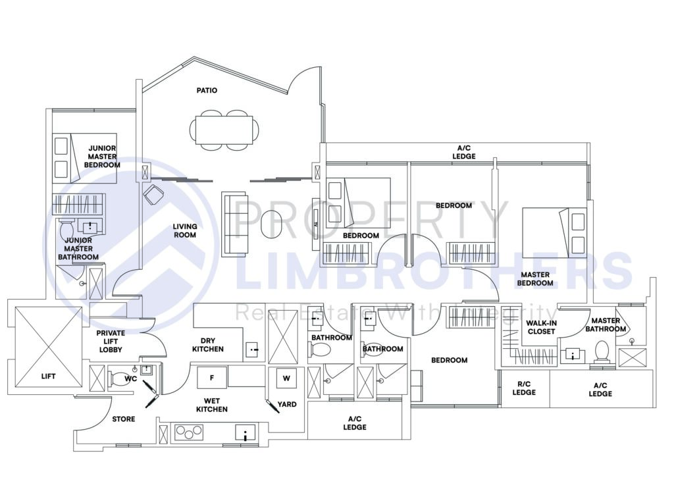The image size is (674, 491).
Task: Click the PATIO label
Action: [x=206, y=90]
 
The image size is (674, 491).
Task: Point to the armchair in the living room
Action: [x=155, y=195]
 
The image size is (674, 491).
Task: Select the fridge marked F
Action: [x=211, y=378]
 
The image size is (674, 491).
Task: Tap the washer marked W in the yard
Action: [x=286, y=378]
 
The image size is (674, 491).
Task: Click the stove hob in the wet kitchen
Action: [x=188, y=433]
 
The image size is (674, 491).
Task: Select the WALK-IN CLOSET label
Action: [x=541, y=327]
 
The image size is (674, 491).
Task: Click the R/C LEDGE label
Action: [x=524, y=388]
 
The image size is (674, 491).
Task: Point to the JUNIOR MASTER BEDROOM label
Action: [x=102, y=157]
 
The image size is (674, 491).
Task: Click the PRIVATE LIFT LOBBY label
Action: [x=111, y=341]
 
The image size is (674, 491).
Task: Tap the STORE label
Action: [x=123, y=419]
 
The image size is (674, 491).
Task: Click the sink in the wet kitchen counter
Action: [x=246, y=433]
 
